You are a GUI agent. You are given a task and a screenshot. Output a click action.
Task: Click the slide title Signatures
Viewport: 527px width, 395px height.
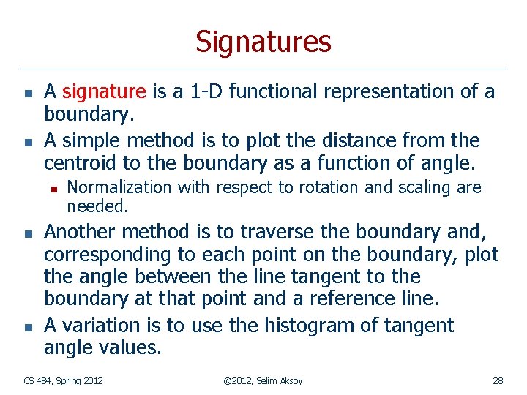pos(263,42)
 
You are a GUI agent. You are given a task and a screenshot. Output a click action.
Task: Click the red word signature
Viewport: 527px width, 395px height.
pos(105,91)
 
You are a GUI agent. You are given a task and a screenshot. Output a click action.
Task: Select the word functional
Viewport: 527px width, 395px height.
pos(266,91)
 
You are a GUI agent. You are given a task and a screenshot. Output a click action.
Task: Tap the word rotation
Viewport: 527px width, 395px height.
pos(321,187)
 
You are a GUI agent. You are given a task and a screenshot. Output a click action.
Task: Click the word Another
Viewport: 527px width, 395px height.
pos(81,233)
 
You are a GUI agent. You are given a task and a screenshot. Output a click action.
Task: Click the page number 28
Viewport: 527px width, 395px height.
pos(498,380)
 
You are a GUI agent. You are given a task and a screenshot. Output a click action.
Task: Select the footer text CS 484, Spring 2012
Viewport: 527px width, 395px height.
pos(63,380)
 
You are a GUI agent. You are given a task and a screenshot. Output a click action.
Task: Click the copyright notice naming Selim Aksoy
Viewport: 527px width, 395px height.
pos(263,380)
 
